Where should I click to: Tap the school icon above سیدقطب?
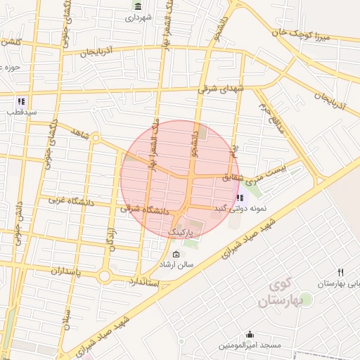point(22,101)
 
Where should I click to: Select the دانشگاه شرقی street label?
point(145,210)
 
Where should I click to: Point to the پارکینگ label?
point(181,231)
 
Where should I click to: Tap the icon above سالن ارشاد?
point(175,254)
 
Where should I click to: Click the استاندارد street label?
point(146,282)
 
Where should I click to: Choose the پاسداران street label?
point(70,271)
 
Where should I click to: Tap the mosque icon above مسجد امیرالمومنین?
point(250,334)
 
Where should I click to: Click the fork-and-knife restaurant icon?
point(340,272)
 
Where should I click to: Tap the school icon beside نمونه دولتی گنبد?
point(240,198)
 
